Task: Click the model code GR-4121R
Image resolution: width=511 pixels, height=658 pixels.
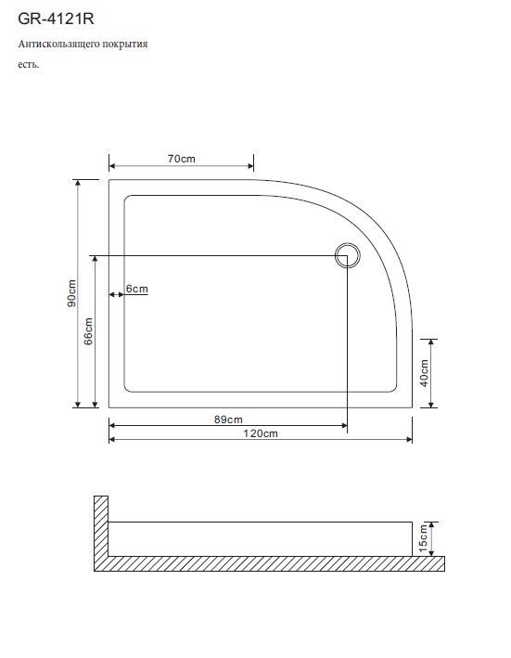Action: pyautogui.click(x=56, y=19)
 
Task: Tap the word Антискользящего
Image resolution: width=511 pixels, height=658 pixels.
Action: pyautogui.click(x=57, y=45)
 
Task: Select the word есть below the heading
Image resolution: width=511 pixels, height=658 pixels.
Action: pyautogui.click(x=28, y=65)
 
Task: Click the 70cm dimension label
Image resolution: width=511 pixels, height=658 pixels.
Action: pyautogui.click(x=182, y=159)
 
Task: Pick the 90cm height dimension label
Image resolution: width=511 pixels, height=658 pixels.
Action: pyautogui.click(x=71, y=293)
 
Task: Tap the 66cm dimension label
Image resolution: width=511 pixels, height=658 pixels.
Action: pyautogui.click(x=88, y=331)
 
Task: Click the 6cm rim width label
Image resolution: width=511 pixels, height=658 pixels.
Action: pyautogui.click(x=137, y=289)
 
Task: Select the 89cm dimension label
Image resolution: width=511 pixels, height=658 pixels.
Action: pyautogui.click(x=228, y=419)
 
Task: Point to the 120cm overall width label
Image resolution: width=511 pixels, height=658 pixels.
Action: pyautogui.click(x=261, y=433)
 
